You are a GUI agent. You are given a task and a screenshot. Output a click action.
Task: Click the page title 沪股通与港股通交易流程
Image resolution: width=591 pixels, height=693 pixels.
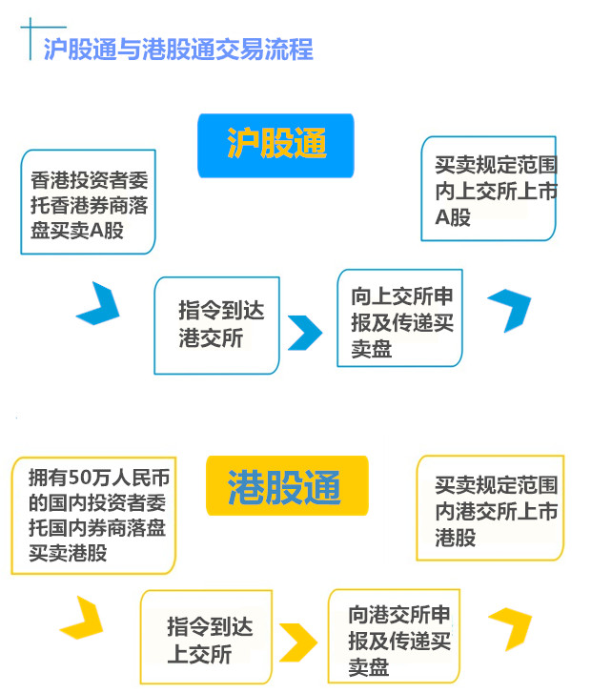[x=177, y=50]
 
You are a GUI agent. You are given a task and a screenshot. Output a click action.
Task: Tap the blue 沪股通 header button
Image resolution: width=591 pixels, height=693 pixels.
[x=275, y=144]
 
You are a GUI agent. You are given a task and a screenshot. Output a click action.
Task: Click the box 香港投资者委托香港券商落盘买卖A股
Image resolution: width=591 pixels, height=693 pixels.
[x=88, y=202]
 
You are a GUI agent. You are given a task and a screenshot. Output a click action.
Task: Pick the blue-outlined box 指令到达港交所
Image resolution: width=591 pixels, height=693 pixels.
[x=216, y=325]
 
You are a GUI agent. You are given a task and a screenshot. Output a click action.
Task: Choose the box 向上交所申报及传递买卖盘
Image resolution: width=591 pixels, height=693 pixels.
[x=398, y=317]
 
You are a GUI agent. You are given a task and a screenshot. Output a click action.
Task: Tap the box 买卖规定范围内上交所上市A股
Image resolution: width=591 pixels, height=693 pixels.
[x=488, y=189]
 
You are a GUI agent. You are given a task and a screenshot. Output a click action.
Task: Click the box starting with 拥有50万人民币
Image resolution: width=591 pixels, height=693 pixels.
[x=93, y=515]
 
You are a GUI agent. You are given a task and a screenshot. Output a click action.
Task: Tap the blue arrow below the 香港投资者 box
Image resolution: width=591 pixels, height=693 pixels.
[x=98, y=303]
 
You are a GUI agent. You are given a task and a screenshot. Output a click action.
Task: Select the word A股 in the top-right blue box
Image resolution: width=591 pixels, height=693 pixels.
[x=453, y=217]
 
